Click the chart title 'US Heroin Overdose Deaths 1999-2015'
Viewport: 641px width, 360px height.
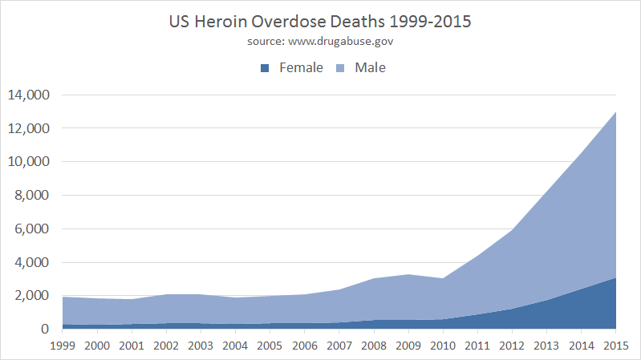click(320, 22)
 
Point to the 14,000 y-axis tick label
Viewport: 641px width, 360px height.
click(29, 95)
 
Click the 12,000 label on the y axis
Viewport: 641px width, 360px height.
click(29, 128)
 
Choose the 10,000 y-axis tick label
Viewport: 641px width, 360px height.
click(29, 162)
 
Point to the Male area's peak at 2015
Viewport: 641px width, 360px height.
click(615, 112)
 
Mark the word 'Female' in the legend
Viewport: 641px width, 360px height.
click(301, 68)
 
